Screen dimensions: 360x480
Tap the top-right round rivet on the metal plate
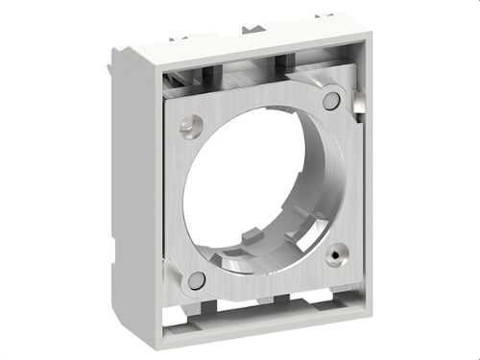331,100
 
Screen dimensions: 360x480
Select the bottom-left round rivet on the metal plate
196,280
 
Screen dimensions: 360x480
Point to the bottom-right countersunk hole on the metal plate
336,256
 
